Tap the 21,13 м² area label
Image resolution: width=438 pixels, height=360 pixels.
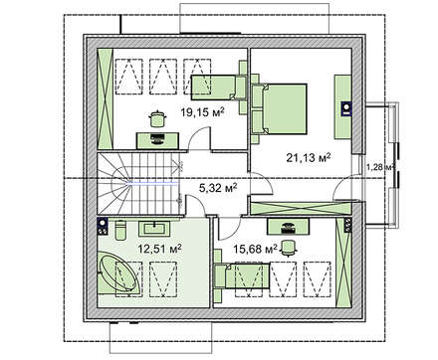tap(309, 157)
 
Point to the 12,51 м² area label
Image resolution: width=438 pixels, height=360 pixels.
tap(160, 249)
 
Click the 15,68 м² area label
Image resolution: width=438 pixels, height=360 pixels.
tap(256, 249)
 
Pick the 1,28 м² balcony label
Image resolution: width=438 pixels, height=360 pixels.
tap(380, 167)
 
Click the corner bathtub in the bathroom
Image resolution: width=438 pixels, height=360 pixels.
tap(118, 274)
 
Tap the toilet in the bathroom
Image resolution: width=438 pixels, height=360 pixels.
tap(120, 230)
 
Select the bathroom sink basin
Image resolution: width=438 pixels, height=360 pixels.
tap(156, 228)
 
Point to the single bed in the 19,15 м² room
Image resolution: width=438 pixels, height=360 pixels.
tap(213, 88)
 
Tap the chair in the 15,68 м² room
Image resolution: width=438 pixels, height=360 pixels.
tap(288, 248)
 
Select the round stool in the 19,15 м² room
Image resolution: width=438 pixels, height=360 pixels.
tap(157, 118)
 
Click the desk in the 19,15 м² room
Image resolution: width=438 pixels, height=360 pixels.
tap(157, 140)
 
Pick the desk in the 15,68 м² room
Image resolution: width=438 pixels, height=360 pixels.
tap(289, 226)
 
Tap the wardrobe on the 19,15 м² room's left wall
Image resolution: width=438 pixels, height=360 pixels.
tap(106, 98)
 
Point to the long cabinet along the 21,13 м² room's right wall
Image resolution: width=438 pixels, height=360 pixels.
tap(342, 107)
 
